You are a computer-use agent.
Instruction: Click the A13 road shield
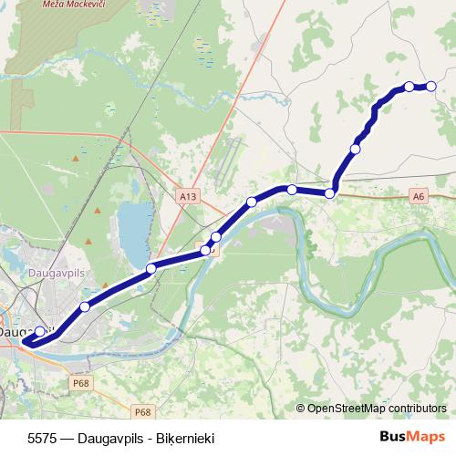[188, 195]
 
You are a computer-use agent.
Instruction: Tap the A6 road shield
[418, 195]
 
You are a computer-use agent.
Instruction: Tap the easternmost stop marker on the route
[430, 87]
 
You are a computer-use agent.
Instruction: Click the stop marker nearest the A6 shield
[331, 193]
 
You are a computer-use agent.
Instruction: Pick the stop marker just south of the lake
[151, 268]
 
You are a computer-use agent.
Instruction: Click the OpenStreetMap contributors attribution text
[377, 408]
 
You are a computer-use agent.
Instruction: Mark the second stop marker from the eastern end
[409, 87]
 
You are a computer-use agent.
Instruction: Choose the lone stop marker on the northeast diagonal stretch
[356, 149]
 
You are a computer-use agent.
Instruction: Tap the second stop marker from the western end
[85, 307]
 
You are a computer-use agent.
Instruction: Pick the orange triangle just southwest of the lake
[89, 240]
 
